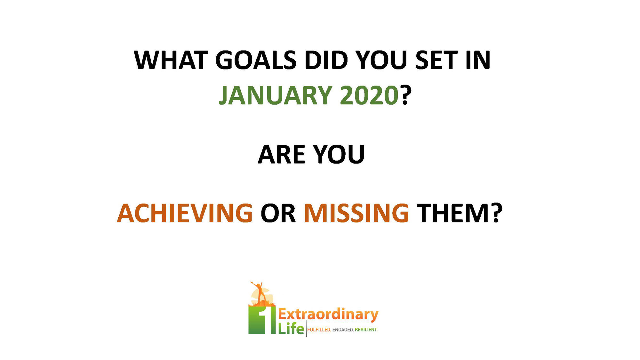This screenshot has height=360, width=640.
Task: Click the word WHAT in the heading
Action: [x=171, y=60]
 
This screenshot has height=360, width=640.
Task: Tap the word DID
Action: [x=326, y=60]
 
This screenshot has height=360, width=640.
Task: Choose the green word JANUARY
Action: [x=275, y=95]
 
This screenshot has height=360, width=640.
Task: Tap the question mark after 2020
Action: [x=405, y=95]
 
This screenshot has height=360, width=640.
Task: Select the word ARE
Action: [x=282, y=155]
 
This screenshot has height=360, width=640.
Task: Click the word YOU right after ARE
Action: [x=339, y=155]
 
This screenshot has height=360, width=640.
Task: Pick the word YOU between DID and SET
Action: [x=381, y=60]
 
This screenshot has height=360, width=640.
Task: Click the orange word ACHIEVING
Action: [x=185, y=213]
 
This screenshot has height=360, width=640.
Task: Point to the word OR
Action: [x=278, y=213]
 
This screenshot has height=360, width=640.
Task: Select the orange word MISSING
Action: [x=356, y=213]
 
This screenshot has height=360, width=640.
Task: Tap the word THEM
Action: [x=453, y=213]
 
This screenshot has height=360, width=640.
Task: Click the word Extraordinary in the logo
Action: [x=328, y=315]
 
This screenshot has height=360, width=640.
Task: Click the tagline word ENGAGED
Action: [x=343, y=330]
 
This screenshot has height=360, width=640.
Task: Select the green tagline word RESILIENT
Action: [x=366, y=330]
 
